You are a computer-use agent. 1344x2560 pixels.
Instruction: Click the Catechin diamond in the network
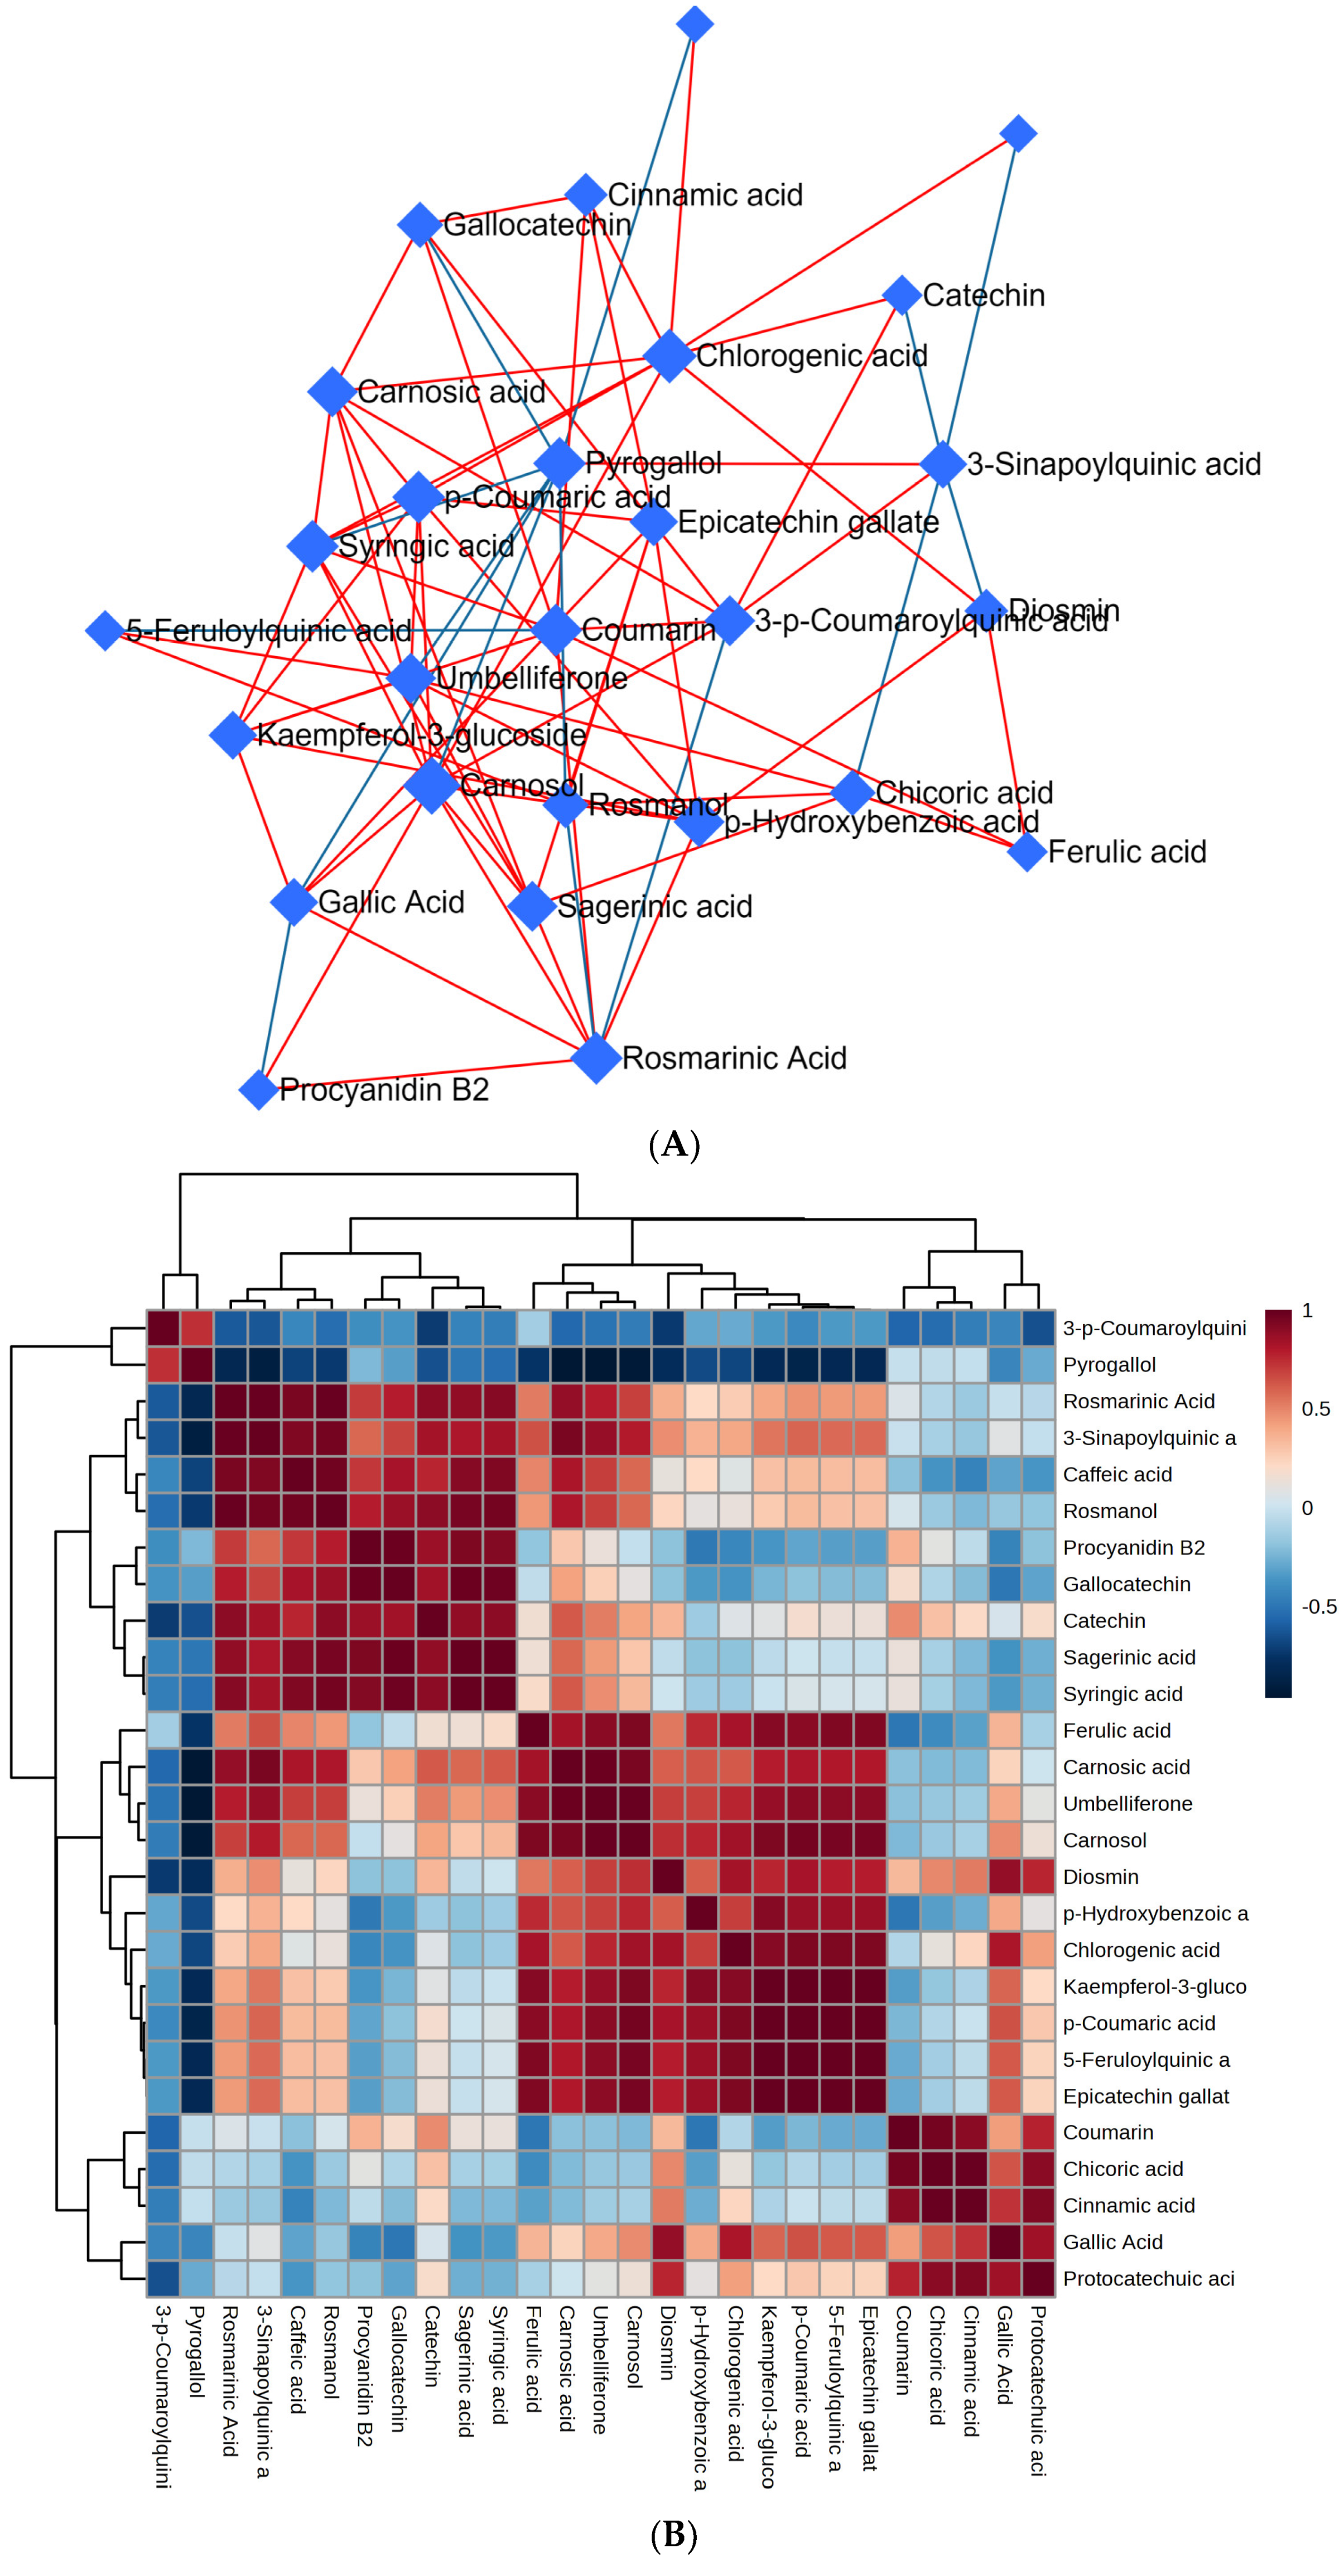901,295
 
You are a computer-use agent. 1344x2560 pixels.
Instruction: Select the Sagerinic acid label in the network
654,906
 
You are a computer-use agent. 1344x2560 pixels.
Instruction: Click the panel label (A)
673,1145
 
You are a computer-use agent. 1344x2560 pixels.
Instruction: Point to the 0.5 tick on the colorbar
1315,1409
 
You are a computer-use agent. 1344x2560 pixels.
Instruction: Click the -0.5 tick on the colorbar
1318,1607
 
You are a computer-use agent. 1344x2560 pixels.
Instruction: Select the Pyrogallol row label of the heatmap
1109,1365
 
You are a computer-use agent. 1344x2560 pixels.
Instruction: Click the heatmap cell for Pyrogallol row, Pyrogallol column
197,1365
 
